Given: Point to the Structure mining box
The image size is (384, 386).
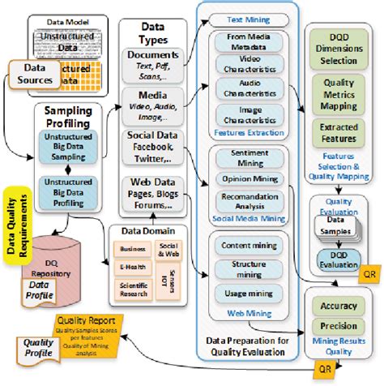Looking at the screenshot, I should tap(248, 268).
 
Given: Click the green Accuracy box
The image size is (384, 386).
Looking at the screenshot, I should tap(334, 307).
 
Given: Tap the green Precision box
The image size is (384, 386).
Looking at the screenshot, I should tap(334, 326).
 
